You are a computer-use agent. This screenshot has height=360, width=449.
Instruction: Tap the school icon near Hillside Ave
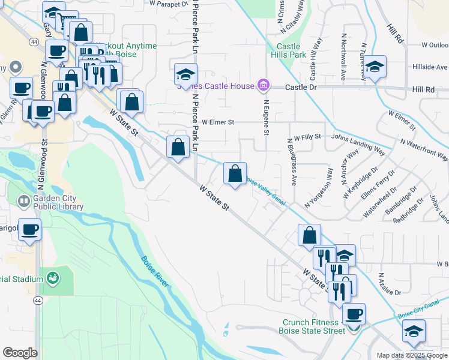(x=375, y=67)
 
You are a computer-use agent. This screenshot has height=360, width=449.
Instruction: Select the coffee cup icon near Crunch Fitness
(x=354, y=314)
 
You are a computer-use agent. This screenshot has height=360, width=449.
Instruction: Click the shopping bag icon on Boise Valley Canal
(x=235, y=174)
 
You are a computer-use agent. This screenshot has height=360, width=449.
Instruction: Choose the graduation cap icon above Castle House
(x=186, y=75)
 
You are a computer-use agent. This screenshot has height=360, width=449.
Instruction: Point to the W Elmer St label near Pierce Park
(x=217, y=122)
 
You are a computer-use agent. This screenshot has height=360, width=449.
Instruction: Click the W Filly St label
(x=308, y=137)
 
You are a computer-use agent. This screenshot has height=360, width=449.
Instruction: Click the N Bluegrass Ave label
(x=294, y=170)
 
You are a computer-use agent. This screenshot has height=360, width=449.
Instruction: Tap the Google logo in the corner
(x=20, y=353)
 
